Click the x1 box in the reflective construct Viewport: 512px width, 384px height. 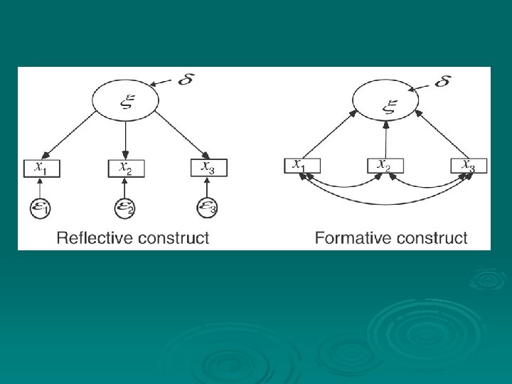tap(43, 168)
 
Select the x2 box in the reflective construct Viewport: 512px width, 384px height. tap(126, 168)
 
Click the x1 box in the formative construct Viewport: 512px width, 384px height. tap(302, 166)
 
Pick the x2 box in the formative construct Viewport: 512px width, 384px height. tap(385, 166)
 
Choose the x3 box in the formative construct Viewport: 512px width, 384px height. tap(468, 166)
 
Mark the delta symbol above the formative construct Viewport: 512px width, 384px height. tap(442, 80)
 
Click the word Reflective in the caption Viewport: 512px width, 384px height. tap(91, 238)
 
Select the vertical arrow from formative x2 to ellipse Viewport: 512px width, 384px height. tap(385, 139)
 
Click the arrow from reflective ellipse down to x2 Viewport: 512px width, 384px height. tap(126, 140)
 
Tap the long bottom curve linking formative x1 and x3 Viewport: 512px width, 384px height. tap(385, 204)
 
